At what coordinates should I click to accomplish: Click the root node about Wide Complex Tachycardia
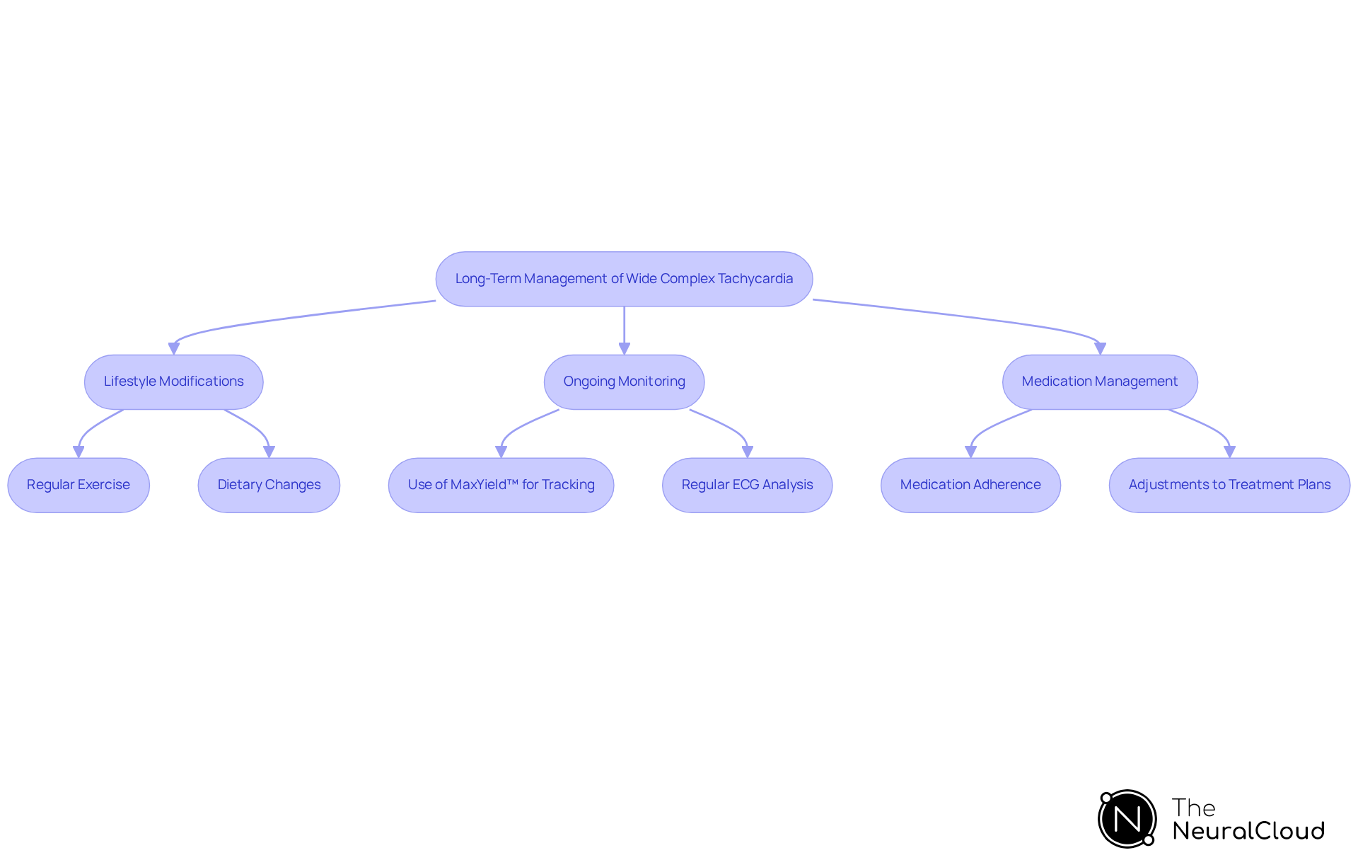pyautogui.click(x=624, y=279)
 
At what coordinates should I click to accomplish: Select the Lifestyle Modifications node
pyautogui.click(x=173, y=382)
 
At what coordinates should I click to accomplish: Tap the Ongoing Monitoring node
pyautogui.click(x=624, y=382)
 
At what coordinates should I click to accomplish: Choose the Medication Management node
pyautogui.click(x=1099, y=382)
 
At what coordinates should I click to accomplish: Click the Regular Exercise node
pyautogui.click(x=79, y=485)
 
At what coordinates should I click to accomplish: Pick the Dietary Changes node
pyautogui.click(x=269, y=485)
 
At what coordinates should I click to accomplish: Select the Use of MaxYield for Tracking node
pyautogui.click(x=501, y=485)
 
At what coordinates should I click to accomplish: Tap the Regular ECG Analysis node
pyautogui.click(x=747, y=485)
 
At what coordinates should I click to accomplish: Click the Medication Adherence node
pyautogui.click(x=970, y=485)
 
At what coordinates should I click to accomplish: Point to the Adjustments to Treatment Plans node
pyautogui.click(x=1229, y=485)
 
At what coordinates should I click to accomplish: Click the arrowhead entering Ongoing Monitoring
pyautogui.click(x=624, y=348)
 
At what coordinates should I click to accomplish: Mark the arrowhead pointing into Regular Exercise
pyautogui.click(x=79, y=452)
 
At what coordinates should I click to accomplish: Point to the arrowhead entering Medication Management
pyautogui.click(x=1100, y=348)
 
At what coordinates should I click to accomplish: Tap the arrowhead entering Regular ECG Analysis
pyautogui.click(x=748, y=452)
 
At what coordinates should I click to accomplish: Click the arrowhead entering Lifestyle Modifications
pyautogui.click(x=174, y=348)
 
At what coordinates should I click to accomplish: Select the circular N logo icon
pyautogui.click(x=1127, y=819)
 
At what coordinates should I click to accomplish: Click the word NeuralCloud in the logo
pyautogui.click(x=1248, y=831)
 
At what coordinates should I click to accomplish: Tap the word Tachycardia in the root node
pyautogui.click(x=755, y=279)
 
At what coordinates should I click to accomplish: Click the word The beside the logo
pyautogui.click(x=1193, y=808)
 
